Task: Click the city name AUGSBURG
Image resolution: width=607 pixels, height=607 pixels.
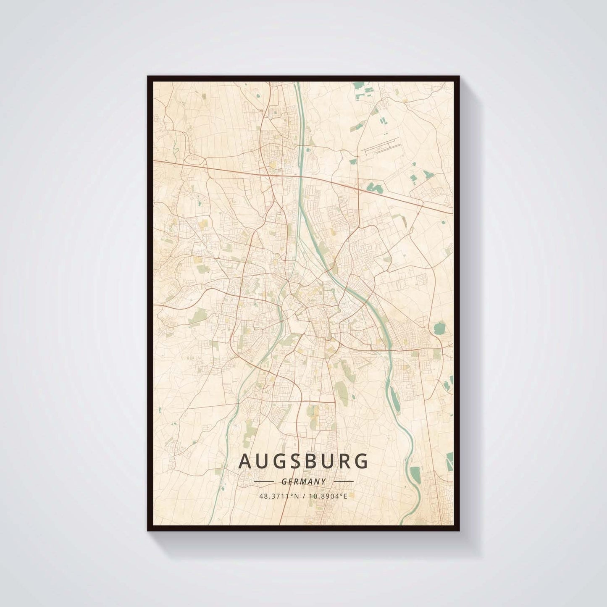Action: coord(303,461)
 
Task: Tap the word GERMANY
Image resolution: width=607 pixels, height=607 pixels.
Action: coord(304,482)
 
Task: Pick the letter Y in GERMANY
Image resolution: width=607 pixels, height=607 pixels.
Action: coord(323,482)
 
